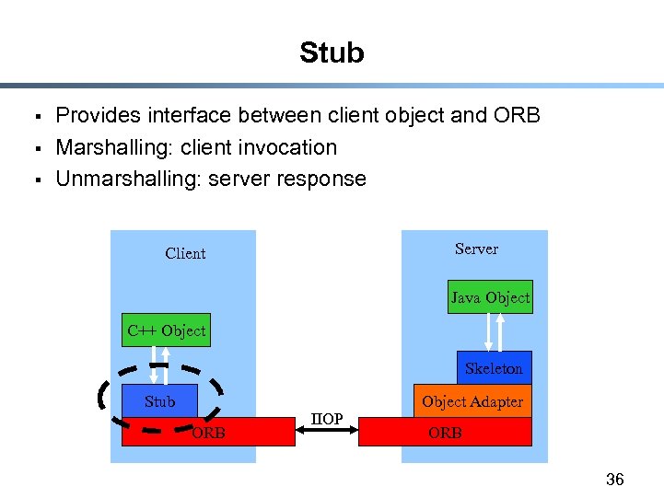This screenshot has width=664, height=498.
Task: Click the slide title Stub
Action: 332,53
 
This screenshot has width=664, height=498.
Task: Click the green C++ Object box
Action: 166,330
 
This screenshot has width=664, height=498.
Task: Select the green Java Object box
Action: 490,297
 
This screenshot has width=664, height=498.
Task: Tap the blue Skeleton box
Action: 494,368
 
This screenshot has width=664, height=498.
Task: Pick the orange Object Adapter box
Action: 472,401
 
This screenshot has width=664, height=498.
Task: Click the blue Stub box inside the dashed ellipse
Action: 159,401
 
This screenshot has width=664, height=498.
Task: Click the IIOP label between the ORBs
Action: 327,420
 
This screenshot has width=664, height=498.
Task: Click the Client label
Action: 185,253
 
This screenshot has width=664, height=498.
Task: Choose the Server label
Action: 476,249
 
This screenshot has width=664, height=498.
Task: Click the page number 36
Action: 615,480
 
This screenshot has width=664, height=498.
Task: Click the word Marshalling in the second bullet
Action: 105,147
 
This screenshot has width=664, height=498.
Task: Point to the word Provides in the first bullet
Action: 95,116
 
